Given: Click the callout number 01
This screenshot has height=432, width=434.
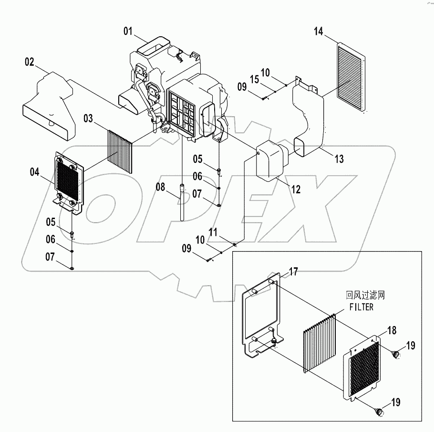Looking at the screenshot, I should (127, 32).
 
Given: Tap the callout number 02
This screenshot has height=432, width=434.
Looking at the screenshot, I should (29, 62).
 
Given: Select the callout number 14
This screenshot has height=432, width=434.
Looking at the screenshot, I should (319, 32).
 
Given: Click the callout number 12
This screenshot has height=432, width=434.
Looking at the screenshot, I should (296, 190).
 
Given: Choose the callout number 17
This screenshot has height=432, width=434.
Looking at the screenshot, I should (293, 273).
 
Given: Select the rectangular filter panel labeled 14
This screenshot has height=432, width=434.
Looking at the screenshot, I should (353, 77).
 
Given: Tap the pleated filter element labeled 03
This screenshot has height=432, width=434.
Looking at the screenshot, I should (119, 149).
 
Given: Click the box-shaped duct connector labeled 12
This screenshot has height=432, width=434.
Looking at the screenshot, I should (271, 160).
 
